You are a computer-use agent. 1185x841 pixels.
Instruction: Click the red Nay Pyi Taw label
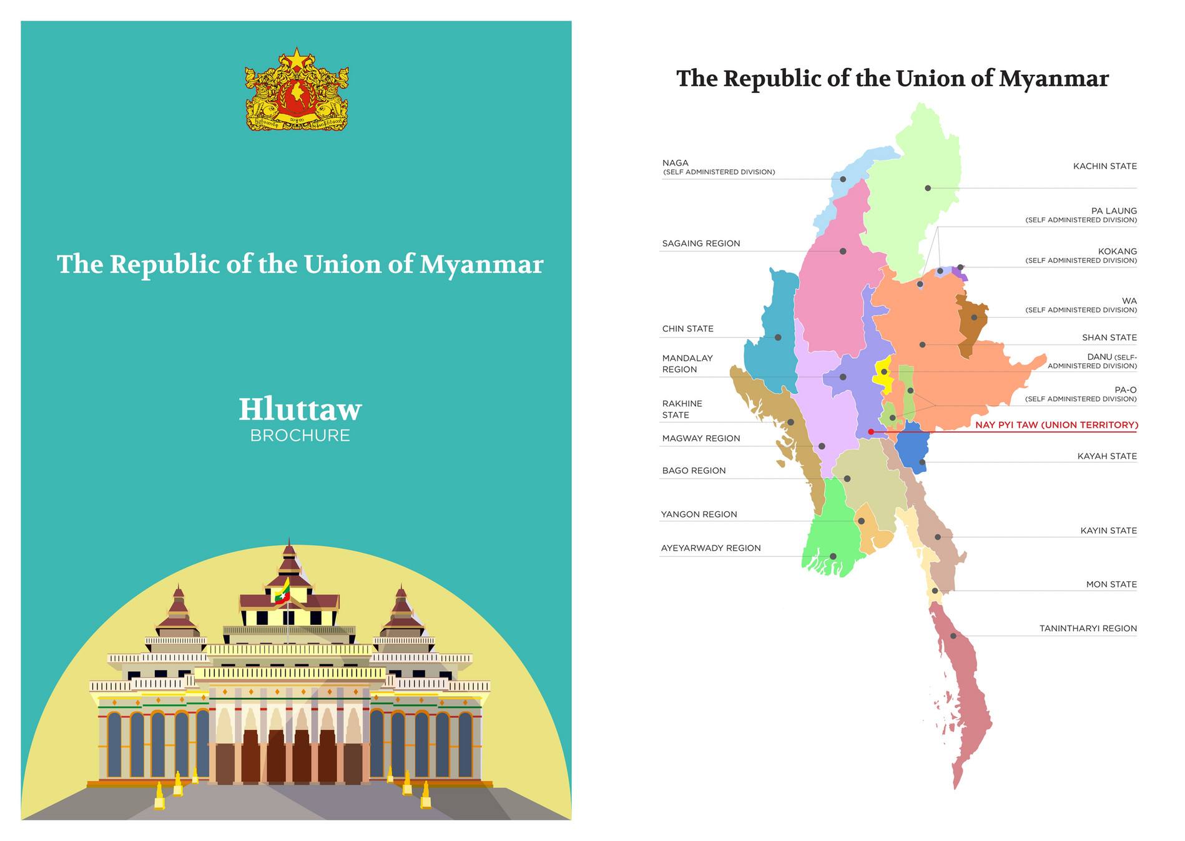click(x=1056, y=425)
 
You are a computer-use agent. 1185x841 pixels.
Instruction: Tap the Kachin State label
click(x=1104, y=166)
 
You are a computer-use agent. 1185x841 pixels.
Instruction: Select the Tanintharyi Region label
click(x=1088, y=629)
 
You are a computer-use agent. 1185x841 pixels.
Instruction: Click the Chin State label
click(x=687, y=329)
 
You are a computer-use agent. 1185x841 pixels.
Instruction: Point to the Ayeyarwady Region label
click(x=711, y=548)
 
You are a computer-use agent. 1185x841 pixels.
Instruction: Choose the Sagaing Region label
click(x=701, y=243)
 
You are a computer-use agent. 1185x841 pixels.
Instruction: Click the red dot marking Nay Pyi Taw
click(x=871, y=432)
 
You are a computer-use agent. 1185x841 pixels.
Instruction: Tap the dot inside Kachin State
click(x=928, y=188)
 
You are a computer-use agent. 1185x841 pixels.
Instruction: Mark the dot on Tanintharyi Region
click(x=953, y=636)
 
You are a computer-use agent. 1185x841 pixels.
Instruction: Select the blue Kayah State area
click(x=912, y=445)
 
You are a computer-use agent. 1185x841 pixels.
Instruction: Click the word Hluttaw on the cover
click(x=300, y=410)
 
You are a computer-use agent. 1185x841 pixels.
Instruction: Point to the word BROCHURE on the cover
click(x=300, y=436)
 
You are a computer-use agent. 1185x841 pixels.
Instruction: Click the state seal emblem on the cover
click(x=297, y=91)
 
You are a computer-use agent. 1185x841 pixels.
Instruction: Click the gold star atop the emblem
click(x=297, y=61)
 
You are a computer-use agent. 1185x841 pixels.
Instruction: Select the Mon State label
click(x=1111, y=584)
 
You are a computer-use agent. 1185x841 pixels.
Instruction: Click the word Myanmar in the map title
click(x=1053, y=79)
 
